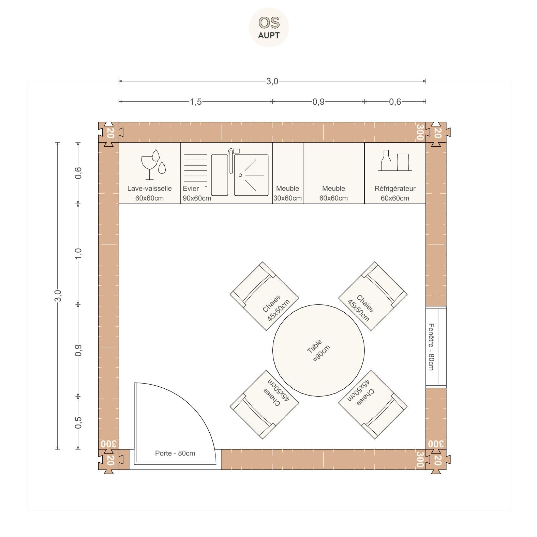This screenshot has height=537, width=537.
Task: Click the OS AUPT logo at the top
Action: [x=269, y=27]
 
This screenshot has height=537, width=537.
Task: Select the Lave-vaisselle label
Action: [x=149, y=189]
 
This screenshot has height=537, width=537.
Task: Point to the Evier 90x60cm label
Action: [x=197, y=193]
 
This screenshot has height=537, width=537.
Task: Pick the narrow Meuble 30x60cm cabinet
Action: [x=287, y=173]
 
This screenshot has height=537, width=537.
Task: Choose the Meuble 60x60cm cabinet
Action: [x=333, y=173]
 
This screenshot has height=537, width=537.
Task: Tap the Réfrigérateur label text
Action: [x=395, y=189]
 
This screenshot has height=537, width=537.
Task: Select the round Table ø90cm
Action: [x=318, y=350]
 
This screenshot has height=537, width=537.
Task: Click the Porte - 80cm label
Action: [x=175, y=453]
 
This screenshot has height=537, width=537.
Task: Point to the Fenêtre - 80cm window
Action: [x=436, y=347]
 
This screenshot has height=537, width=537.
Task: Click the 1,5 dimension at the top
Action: [x=196, y=102]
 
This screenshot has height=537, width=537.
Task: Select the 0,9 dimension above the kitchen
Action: [x=318, y=102]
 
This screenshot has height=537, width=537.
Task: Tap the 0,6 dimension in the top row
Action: [x=395, y=102]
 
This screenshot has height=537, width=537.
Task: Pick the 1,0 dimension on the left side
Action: [x=78, y=253]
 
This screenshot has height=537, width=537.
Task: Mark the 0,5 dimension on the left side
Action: [x=78, y=423]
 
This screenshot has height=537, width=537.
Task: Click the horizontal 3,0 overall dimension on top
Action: [x=272, y=81]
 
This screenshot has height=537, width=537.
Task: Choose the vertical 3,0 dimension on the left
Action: [x=58, y=296]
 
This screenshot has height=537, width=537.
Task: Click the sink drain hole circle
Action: [x=240, y=175]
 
